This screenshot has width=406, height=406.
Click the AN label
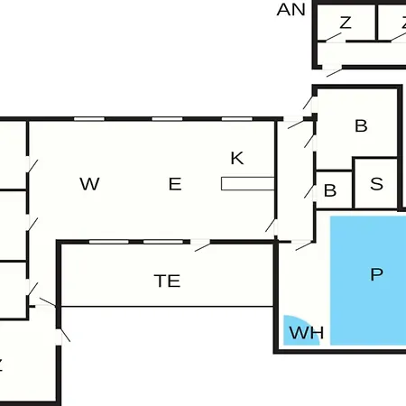coord(291,10)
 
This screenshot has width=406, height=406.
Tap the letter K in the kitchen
coord(237,158)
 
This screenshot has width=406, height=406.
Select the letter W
coord(89,184)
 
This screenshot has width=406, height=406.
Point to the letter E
coord(175,184)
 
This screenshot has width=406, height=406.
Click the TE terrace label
coord(167,281)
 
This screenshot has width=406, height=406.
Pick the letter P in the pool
coord(376,274)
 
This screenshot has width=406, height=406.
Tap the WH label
coord(307,333)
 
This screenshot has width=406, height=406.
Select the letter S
coord(376,184)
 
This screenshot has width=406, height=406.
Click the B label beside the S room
coord(330,190)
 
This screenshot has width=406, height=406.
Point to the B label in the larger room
coord(361,126)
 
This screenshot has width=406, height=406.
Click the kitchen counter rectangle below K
coord(248,184)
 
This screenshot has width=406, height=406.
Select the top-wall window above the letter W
coord(89,119)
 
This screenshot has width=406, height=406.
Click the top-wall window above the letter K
coord(237,119)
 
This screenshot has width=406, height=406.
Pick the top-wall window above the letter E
coord(167,119)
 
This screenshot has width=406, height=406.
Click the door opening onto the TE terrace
coord(200,245)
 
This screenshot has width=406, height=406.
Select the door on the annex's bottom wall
coord(333,70)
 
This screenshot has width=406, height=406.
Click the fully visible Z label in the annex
coord(346,23)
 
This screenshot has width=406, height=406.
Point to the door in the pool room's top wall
coord(303,245)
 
